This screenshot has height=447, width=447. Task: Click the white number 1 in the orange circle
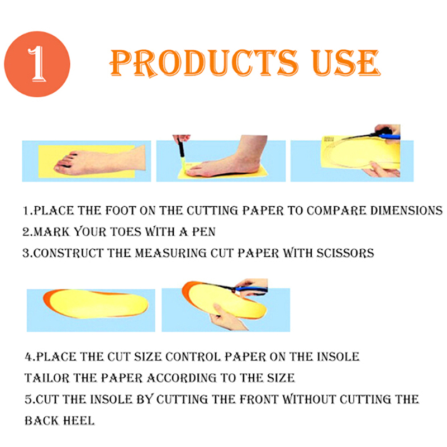pos(37,64)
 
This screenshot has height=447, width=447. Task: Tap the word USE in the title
pos(345,63)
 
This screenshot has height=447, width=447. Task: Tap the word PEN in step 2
pos(203,232)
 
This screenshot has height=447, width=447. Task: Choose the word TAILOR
pos(47,378)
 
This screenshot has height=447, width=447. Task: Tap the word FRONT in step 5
pos(259,399)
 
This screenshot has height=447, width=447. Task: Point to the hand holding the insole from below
pos(227,318)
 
